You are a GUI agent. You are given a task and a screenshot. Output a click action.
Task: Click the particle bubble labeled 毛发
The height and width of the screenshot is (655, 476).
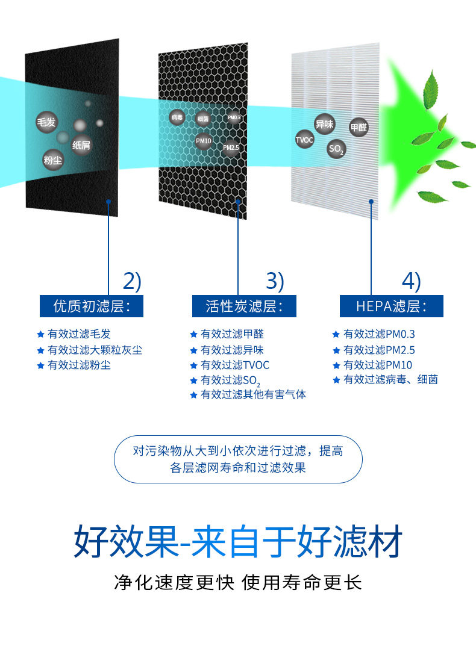click(x=46, y=122)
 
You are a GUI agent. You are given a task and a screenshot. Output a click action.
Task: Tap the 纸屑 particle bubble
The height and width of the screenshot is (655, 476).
click(x=81, y=145)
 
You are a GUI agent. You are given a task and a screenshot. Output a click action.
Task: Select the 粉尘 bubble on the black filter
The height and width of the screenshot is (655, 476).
click(x=52, y=160)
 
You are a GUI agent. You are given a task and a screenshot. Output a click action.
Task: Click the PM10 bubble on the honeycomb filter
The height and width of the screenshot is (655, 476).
click(x=204, y=141)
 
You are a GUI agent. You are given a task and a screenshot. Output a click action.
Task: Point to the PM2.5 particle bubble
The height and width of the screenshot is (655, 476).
click(x=231, y=147)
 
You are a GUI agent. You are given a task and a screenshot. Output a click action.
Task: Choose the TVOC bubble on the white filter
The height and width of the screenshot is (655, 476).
click(x=304, y=140)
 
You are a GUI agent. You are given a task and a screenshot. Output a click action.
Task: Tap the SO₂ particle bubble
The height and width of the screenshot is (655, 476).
click(x=336, y=149)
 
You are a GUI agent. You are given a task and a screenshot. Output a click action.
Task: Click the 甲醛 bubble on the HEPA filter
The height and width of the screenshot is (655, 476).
click(x=359, y=128)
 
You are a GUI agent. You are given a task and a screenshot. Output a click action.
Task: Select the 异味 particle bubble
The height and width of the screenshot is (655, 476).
click(x=324, y=125)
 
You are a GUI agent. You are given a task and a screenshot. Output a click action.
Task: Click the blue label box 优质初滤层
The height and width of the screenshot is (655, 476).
click(x=92, y=306)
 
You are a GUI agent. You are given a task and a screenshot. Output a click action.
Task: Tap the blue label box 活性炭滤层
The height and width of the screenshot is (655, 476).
click(x=244, y=306)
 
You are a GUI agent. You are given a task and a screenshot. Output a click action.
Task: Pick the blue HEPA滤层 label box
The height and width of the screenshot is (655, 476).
click(x=391, y=306)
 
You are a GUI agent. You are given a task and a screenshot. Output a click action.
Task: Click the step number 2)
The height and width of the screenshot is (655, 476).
click(x=131, y=281)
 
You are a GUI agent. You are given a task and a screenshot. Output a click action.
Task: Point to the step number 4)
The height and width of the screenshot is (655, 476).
click(x=412, y=281)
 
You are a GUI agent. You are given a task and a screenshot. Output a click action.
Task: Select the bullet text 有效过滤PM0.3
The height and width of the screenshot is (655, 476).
click(x=379, y=334)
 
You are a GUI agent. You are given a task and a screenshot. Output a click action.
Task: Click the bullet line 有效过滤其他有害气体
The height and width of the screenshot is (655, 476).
click(x=253, y=395)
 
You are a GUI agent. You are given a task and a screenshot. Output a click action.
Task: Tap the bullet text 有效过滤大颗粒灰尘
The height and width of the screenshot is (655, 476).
click(x=95, y=350)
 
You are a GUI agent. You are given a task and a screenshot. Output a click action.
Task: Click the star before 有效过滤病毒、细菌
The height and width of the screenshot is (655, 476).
click(x=336, y=380)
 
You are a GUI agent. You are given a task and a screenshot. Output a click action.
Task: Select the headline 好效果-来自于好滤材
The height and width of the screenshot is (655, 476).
click(x=238, y=542)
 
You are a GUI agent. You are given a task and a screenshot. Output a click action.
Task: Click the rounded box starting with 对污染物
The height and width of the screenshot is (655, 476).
click(x=238, y=459)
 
